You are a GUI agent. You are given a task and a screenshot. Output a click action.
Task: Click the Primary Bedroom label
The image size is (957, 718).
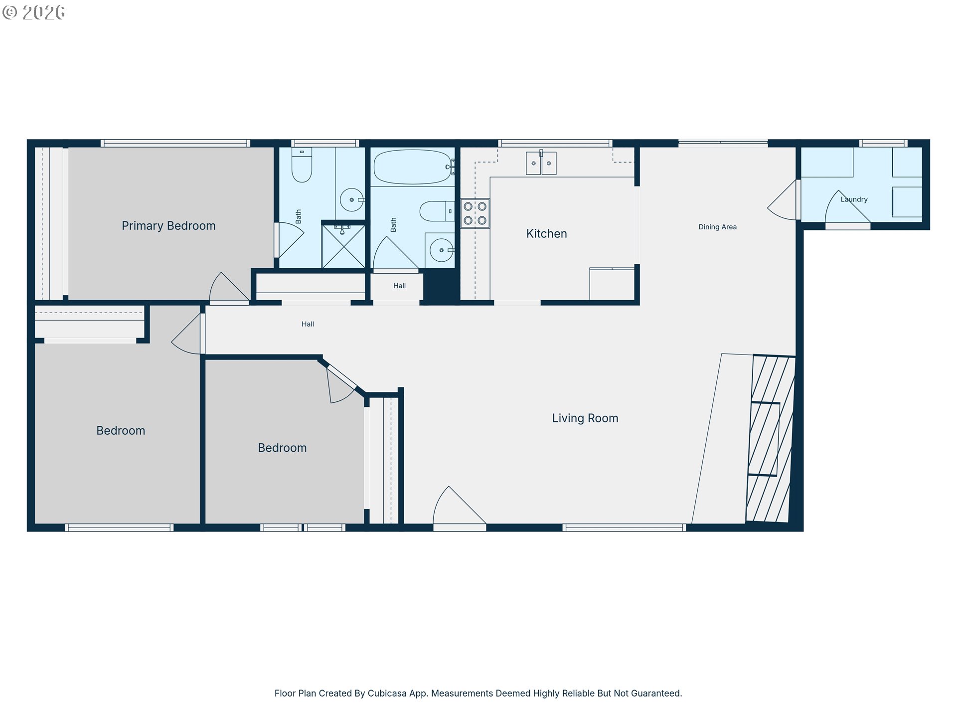click(168, 226)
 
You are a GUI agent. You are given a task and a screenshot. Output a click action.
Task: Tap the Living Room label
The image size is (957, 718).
click(585, 418)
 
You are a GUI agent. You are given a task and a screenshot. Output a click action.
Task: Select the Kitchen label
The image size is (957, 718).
click(547, 234)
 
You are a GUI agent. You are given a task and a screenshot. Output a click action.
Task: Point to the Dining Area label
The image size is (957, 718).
click(717, 227)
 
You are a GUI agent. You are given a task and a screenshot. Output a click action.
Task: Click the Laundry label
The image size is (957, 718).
click(854, 199)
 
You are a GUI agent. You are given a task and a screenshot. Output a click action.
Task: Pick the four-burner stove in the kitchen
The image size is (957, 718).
click(475, 213)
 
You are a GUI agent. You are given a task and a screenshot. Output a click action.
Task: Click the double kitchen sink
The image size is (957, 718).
click(541, 163)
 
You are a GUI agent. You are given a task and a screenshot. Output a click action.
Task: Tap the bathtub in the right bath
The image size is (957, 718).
click(413, 167)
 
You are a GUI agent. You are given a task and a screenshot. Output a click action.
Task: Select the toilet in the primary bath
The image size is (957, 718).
click(302, 165)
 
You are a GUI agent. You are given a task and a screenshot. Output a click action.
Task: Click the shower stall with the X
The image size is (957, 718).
click(343, 246)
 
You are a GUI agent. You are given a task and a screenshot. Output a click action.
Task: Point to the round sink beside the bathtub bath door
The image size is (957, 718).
click(442, 250)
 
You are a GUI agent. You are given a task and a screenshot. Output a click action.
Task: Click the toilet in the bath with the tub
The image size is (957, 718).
click(437, 211)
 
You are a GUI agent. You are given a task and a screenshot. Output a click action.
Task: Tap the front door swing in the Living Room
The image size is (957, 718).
click(459, 505)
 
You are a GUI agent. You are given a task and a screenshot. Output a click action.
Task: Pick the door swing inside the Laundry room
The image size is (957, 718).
click(847, 206)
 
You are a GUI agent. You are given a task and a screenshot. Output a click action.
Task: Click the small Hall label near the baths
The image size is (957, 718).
click(399, 286)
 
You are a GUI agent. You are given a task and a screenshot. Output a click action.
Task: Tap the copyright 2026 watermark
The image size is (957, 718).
click(33, 12)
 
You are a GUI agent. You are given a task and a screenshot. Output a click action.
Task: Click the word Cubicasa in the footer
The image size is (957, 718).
click(387, 693)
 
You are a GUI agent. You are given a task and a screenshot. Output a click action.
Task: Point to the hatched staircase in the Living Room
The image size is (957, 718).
click(771, 439)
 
